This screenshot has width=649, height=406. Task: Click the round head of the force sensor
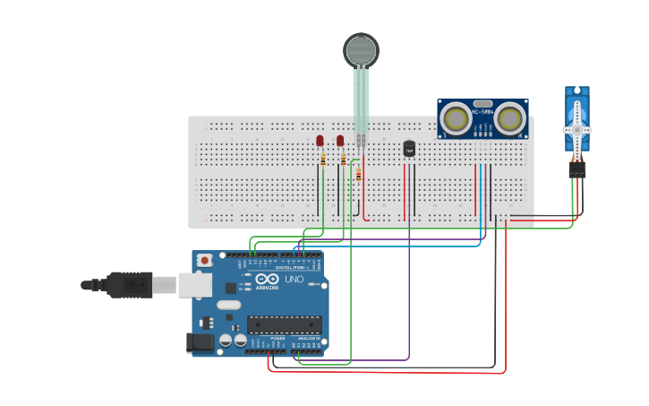coord(361,50)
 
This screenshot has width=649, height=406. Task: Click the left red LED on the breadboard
coord(320,141)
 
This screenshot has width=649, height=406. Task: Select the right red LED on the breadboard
coord(340,141)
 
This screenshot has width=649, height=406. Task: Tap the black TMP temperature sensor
coord(409,149)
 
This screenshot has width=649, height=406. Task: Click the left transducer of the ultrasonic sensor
coord(457,118)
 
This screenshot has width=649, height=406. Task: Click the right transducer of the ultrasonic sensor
coord(509,118)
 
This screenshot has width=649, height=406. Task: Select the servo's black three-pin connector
coord(577,169)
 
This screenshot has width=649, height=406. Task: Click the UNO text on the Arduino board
coord(294,280)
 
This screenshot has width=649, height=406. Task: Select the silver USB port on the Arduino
coord(194,284)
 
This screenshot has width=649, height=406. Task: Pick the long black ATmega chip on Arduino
coord(284,324)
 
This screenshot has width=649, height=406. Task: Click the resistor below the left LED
coord(323,160)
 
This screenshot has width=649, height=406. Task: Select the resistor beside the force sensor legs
coord(358,174)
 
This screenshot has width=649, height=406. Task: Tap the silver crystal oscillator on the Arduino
coord(229,305)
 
